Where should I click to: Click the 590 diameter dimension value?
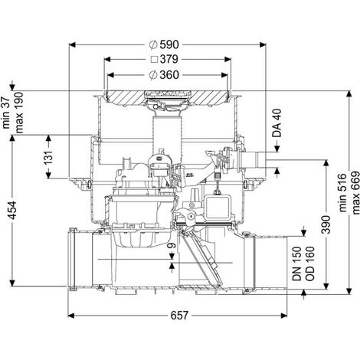pyautogui.click(x=169, y=44)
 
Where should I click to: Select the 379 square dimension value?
pyautogui.click(x=169, y=60)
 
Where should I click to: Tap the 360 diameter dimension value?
pyautogui.click(x=169, y=75)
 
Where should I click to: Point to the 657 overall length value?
pyautogui.click(x=179, y=316)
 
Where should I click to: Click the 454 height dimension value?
pyautogui.click(x=12, y=210)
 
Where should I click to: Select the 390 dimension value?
pyautogui.click(x=326, y=224)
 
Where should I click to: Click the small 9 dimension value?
pyautogui.click(x=172, y=246)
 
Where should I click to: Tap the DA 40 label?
pyautogui.click(x=277, y=123)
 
